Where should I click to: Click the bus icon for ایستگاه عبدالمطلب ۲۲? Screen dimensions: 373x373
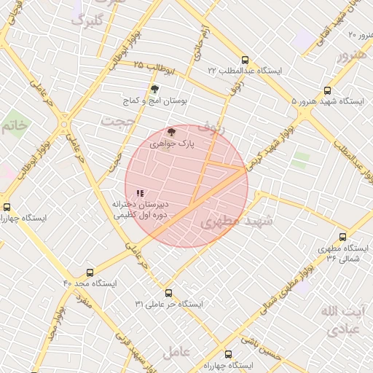pos(244,60)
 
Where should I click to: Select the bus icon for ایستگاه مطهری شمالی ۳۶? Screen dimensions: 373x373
pos(343,237)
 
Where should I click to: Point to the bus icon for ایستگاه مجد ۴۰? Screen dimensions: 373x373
pos(90,272)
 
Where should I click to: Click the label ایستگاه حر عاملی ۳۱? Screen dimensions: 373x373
pos(169,303)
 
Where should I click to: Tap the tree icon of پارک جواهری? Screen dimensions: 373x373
pos(171,132)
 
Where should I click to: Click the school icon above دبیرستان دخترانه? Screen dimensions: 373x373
pos(140,193)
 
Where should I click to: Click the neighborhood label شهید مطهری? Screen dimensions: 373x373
pos(235,221)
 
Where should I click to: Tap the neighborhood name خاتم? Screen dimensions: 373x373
pos(14,125)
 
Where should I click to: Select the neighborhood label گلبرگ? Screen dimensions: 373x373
pos(88,20)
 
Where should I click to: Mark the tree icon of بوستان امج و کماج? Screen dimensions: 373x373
pos(154,89)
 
